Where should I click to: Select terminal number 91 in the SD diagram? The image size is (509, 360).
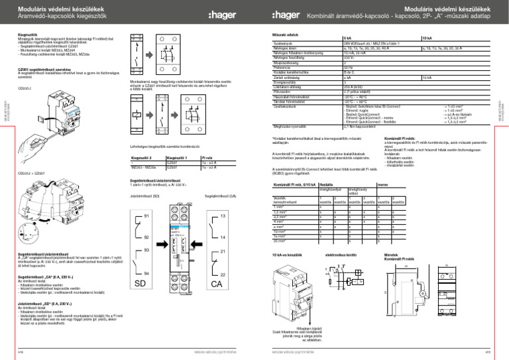(146, 217)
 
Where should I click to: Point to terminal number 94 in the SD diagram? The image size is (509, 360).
(146, 273)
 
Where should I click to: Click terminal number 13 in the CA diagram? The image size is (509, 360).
(223, 217)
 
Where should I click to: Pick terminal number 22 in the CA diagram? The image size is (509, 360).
(223, 274)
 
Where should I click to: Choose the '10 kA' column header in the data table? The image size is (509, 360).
(427, 38)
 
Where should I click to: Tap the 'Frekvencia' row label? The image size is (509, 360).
(285, 67)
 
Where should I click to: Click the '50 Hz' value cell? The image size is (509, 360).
(348, 67)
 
